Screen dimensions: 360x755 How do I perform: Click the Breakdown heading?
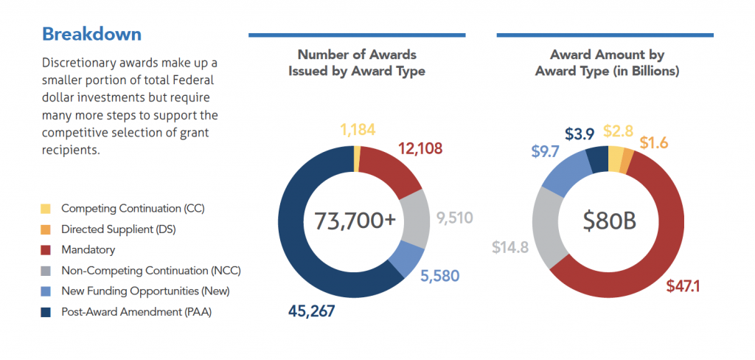tap(91, 34)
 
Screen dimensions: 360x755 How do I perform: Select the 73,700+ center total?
tap(355, 220)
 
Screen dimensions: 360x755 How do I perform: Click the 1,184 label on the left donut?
tap(358, 131)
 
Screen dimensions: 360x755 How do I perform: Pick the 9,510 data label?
tap(455, 218)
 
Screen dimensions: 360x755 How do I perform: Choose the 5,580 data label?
tap(440, 276)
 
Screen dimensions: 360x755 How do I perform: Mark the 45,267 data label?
tap(311, 311)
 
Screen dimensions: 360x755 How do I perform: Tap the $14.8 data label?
tap(510, 246)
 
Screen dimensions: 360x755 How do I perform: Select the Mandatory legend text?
tap(88, 250)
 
